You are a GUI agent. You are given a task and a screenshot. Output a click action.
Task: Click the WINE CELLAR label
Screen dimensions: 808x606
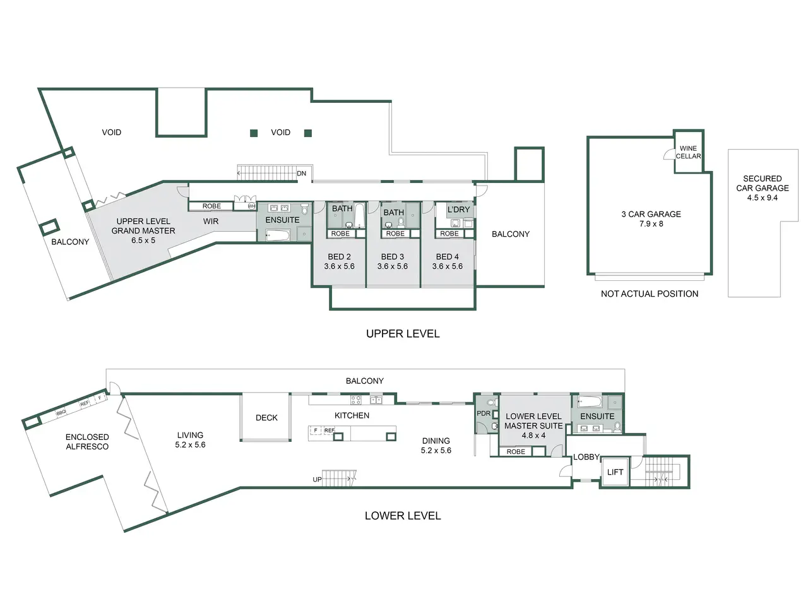(688, 152)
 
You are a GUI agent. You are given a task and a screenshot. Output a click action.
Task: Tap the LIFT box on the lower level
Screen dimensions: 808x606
(615, 472)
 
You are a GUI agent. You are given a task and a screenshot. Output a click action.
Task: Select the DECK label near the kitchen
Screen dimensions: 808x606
(266, 418)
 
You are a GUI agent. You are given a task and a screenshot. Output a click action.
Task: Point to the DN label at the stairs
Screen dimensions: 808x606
(302, 174)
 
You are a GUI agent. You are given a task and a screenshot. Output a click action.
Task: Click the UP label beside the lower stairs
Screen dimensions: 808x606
(317, 479)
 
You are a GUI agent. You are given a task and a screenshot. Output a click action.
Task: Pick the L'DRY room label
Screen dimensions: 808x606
(459, 210)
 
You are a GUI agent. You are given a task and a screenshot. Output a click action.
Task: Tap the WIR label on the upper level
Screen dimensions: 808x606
(211, 221)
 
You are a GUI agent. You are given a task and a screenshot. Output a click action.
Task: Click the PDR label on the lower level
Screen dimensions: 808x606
(484, 413)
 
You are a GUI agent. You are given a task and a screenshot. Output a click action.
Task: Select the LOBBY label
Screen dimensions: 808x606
(586, 457)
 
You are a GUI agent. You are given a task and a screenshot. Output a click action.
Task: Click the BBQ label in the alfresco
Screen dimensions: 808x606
(61, 412)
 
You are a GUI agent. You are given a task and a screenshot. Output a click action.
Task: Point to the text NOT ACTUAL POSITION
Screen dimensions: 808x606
(650, 294)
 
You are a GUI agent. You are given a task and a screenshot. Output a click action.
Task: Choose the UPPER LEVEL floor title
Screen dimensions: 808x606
(403, 334)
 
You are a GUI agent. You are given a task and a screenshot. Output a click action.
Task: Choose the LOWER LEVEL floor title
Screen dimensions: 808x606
(403, 516)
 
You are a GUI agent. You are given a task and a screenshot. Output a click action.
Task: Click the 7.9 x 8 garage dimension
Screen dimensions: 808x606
(651, 223)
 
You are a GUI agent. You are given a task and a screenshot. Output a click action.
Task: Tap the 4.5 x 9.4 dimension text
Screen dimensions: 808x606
(763, 198)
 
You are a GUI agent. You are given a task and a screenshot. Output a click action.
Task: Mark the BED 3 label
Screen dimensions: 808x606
(393, 256)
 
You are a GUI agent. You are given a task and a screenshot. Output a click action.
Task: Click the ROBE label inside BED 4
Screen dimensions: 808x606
(449, 234)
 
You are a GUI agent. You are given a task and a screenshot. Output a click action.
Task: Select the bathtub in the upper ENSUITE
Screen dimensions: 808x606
(278, 235)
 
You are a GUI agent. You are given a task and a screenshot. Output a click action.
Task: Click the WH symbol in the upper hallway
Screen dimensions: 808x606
(251, 206)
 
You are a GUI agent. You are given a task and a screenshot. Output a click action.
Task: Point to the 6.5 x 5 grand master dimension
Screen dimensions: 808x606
(143, 241)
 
